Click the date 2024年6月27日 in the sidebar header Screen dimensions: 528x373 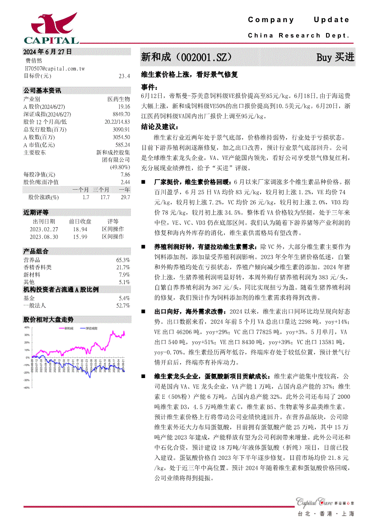click(47, 52)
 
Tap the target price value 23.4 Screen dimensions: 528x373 click(124, 76)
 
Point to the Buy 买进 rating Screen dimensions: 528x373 click(335, 57)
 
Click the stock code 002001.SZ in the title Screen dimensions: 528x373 click(205, 57)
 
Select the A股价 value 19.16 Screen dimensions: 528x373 click(124, 107)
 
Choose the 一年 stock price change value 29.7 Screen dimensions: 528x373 click(125, 197)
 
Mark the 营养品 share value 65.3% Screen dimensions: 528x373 click(123, 260)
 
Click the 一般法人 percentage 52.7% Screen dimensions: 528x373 click(123, 306)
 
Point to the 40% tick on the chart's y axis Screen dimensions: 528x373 click(27, 327)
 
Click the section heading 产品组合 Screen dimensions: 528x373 click(36, 252)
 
